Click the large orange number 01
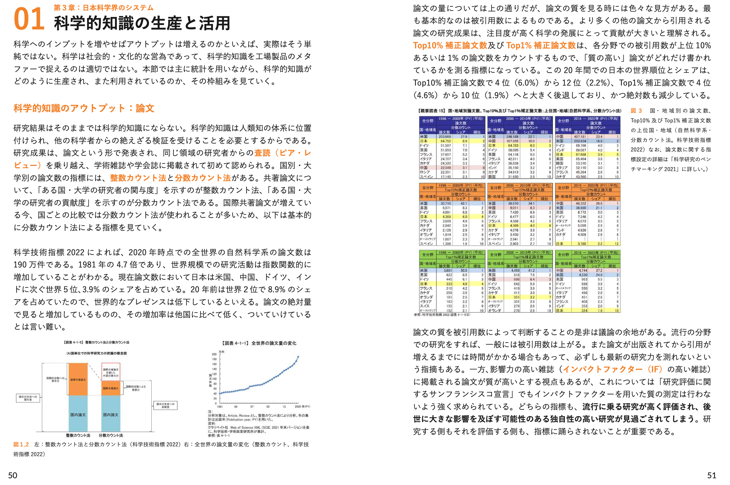click(29, 19)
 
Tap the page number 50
click(13, 475)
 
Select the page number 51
click(712, 475)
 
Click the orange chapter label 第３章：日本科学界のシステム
click(103, 7)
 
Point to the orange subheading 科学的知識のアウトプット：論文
click(84, 108)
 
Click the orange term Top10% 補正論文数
click(450, 45)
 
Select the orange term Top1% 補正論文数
click(541, 45)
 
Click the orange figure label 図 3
click(636, 111)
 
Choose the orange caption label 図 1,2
click(21, 445)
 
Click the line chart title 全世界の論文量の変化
click(274, 343)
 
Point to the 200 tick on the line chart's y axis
click(214, 354)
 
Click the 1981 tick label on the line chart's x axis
click(220, 406)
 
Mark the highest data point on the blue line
click(298, 357)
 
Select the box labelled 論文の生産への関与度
click(28, 398)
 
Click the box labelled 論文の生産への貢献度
click(165, 405)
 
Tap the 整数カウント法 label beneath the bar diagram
click(78, 435)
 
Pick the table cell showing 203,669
click(445, 137)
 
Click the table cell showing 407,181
click(580, 137)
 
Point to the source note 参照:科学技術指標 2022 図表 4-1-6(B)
click(442, 315)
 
